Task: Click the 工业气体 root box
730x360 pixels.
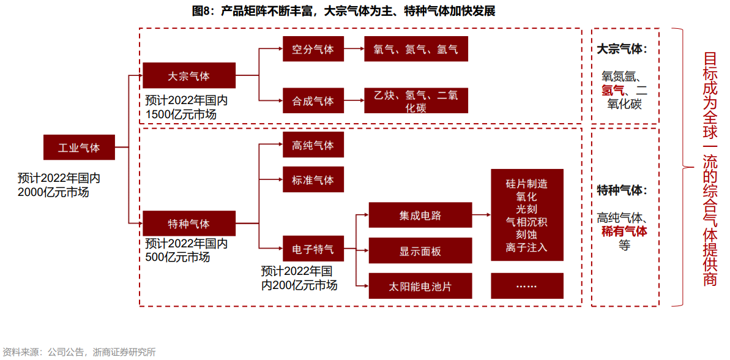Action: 79,148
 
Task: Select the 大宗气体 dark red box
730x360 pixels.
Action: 189,76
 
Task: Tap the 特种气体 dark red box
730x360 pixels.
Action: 189,223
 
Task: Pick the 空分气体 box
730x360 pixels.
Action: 313,49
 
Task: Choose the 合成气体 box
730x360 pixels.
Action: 313,100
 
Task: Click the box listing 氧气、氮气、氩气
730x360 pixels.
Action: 416,49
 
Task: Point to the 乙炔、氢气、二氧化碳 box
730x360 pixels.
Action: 416,100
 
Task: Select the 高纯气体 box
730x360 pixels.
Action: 313,145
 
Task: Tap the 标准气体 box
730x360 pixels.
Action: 313,180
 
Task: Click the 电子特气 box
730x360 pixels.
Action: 313,249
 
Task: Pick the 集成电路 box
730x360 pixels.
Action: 420,216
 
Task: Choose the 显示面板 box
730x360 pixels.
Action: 420,251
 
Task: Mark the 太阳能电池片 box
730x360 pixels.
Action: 420,286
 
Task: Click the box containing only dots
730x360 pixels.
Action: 527,286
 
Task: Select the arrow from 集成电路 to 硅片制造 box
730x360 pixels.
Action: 482,216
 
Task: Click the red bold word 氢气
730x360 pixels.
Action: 613,91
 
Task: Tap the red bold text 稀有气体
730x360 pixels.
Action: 624,231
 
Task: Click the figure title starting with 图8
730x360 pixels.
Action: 343,11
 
